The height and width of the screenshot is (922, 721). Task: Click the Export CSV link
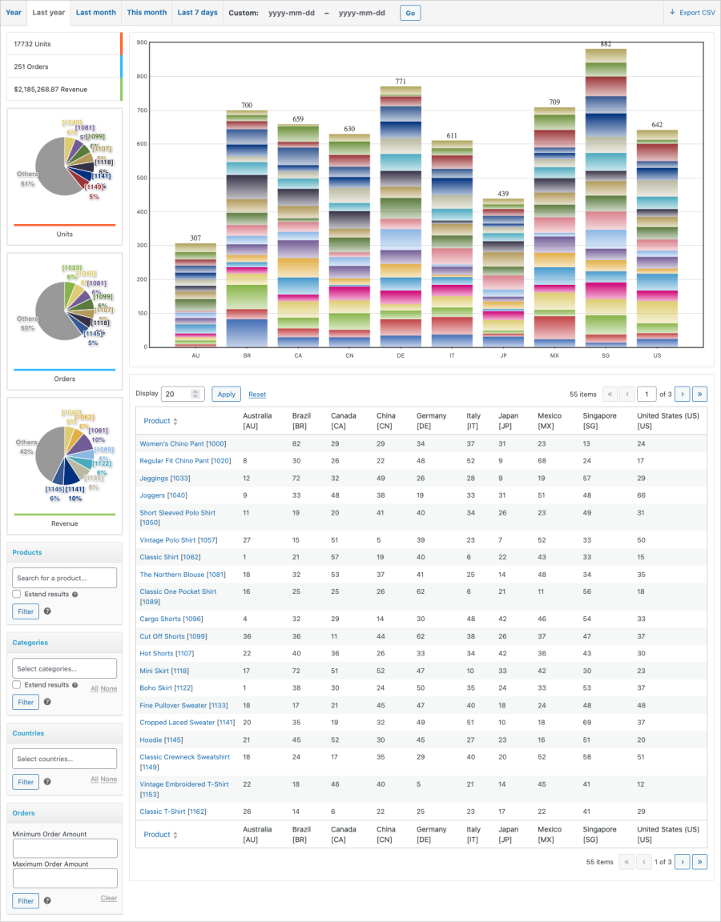click(691, 13)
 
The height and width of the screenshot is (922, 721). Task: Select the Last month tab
click(95, 13)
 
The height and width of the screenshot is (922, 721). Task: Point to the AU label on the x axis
click(195, 355)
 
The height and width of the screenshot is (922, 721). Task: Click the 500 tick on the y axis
click(142, 178)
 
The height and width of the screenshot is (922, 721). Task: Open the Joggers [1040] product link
click(163, 495)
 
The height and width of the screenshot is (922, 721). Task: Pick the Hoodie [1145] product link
click(162, 740)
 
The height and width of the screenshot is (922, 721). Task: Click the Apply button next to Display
click(226, 394)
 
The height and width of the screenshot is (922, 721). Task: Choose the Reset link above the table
click(257, 395)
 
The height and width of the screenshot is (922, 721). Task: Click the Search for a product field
click(64, 578)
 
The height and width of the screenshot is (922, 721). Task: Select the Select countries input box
click(64, 759)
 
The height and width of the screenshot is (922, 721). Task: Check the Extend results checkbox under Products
click(17, 595)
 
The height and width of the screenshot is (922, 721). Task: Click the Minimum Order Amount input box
click(64, 848)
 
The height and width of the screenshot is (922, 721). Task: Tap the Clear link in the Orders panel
click(108, 898)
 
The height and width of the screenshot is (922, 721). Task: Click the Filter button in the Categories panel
click(26, 702)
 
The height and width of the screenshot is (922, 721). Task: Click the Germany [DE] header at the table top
click(431, 421)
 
